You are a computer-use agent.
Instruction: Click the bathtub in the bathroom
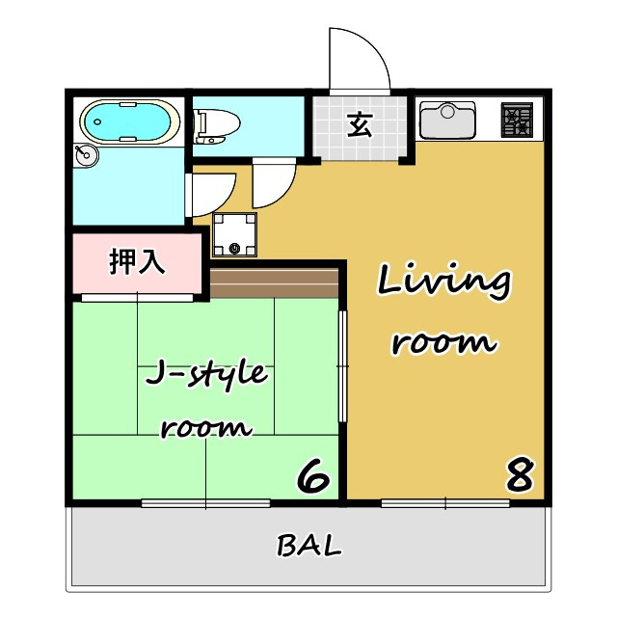(x=130, y=121)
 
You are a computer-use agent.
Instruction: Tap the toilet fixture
(x=216, y=126)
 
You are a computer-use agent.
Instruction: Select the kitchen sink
(x=447, y=120)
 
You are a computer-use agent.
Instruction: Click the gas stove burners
(x=517, y=120)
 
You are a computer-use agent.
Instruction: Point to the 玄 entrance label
(x=360, y=124)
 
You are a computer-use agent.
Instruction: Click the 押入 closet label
(x=136, y=261)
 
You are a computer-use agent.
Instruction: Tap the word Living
(x=444, y=282)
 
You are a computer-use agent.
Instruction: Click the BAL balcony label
(x=309, y=545)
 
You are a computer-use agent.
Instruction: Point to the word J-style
(x=206, y=374)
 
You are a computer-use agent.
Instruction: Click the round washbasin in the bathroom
(x=86, y=155)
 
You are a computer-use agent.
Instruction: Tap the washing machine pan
(x=234, y=234)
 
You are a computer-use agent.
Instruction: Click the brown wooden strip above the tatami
(x=274, y=282)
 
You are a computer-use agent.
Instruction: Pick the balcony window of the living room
(x=445, y=503)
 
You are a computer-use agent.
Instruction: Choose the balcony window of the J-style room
(x=205, y=503)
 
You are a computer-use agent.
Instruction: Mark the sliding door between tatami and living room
(x=343, y=366)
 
